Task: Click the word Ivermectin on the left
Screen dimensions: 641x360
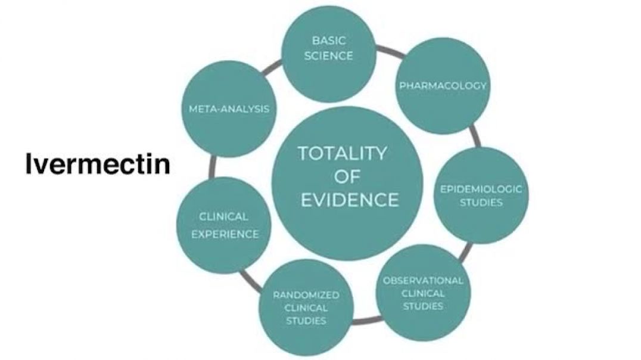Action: [x=98, y=164]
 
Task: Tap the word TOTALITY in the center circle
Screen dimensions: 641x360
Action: [x=342, y=153]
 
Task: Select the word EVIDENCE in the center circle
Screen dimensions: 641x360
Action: [x=350, y=200]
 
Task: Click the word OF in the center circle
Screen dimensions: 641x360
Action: [x=347, y=177]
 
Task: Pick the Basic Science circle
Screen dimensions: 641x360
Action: [x=329, y=53]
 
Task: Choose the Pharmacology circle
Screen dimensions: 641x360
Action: [x=443, y=85]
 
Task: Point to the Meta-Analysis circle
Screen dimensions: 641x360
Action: [x=229, y=109]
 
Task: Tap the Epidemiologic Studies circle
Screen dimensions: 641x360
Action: [x=481, y=195]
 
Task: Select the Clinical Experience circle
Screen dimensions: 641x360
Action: [x=224, y=225]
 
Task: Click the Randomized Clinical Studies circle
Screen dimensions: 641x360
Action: [x=306, y=307]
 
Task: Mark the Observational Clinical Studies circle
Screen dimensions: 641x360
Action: [x=423, y=293]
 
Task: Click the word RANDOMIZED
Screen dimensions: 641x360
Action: [x=306, y=295]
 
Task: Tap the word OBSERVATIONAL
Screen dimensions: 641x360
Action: [x=423, y=281]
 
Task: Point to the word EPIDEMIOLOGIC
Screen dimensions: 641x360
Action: [x=481, y=189]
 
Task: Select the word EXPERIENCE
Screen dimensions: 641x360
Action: [x=225, y=234]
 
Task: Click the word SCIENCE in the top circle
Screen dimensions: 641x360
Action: [x=328, y=55]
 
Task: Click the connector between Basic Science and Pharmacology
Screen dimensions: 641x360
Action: [x=390, y=51]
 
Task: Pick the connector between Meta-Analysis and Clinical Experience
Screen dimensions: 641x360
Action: [x=211, y=167]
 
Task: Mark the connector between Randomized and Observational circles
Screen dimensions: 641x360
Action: [x=367, y=320]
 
